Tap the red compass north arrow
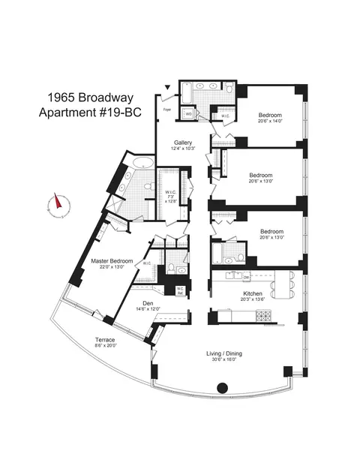tap(54, 203)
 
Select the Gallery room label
tap(184, 143)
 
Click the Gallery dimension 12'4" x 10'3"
tap(184, 149)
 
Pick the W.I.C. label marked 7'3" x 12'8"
tap(171, 195)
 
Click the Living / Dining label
tap(225, 353)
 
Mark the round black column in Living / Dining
tap(222, 388)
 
